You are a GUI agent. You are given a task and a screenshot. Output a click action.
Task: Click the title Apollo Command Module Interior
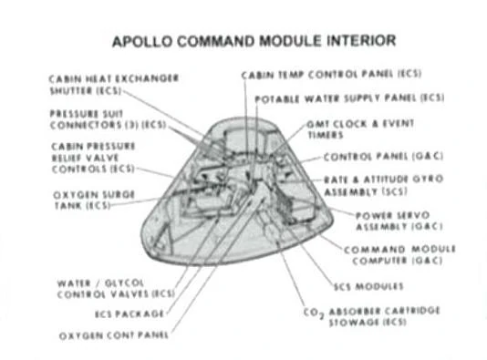[x=253, y=42]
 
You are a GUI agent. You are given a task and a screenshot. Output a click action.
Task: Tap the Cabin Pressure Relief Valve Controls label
[x=93, y=157]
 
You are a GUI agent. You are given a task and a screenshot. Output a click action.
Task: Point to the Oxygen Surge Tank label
[x=88, y=199]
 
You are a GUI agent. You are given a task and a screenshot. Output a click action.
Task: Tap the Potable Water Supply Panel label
[x=349, y=98]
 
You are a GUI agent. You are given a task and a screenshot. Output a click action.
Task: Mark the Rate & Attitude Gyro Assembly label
[x=383, y=185]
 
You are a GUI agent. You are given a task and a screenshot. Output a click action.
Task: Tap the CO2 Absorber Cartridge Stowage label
[x=374, y=315]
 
